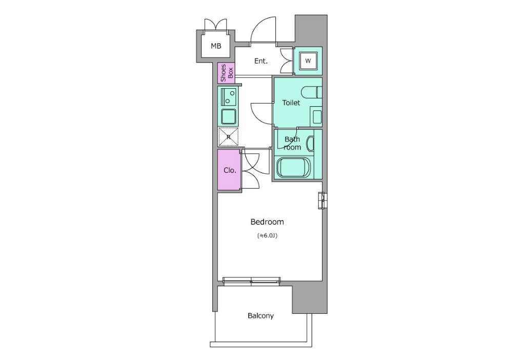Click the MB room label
coord(216,46)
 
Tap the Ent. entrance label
coord(261,61)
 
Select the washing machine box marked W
coord(308,61)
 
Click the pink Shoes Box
coord(226,73)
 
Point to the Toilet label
coord(291,103)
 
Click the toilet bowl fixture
coord(311,92)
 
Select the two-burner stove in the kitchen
coord(228,96)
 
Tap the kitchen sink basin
coord(229,116)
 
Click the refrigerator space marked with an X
coord(229,136)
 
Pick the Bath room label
coord(292,143)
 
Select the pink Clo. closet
coord(229,170)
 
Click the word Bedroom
coord(267,222)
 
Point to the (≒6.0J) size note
coord(267,236)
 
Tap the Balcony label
coord(260,315)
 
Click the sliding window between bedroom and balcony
coord(251,281)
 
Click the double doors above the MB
coord(216,25)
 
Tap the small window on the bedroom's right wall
coord(321,201)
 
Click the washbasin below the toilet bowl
coord(317,116)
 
